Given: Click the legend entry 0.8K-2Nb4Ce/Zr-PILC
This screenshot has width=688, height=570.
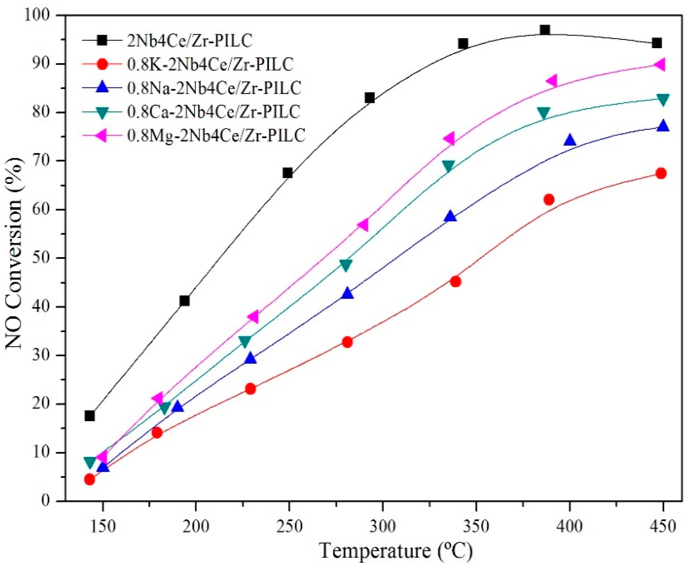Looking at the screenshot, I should pyautogui.click(x=210, y=65).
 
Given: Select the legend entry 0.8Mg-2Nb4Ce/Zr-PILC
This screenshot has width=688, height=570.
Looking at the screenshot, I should pyautogui.click(x=216, y=135).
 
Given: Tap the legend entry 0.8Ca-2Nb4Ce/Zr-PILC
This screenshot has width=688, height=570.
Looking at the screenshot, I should pyautogui.click(x=213, y=112).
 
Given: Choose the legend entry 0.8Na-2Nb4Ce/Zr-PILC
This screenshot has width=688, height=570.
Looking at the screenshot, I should pyautogui.click(x=213, y=88).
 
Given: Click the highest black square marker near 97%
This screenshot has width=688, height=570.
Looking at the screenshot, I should pyautogui.click(x=544, y=30).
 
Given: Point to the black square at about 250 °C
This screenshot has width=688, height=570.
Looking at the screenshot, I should pyautogui.click(x=287, y=173).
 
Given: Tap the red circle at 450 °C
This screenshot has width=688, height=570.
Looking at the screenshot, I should pyautogui.click(x=661, y=173).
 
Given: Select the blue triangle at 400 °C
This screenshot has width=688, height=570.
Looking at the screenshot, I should pyautogui.click(x=570, y=140).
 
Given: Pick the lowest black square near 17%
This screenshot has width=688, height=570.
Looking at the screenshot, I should pyautogui.click(x=89, y=416).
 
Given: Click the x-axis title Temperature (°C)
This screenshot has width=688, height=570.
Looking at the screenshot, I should pyautogui.click(x=396, y=552).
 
